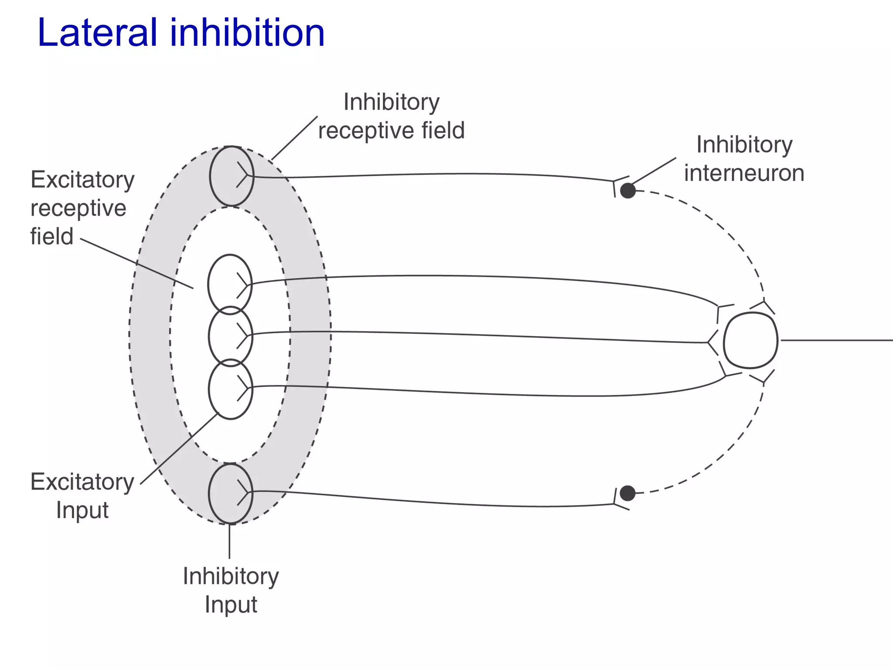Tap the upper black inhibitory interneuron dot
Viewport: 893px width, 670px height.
pos(628,191)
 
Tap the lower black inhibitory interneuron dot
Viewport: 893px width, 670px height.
pos(627,493)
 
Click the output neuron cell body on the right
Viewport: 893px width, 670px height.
pos(750,340)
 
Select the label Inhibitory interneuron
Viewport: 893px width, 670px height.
pos(744,159)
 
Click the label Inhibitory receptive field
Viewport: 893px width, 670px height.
pos(391,116)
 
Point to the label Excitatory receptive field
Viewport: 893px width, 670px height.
pos(82,208)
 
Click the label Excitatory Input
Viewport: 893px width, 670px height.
pos(82,496)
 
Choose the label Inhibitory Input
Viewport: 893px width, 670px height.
pos(231,590)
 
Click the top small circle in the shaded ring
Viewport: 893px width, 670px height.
pos(231,176)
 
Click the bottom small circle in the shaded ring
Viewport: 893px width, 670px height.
pos(231,493)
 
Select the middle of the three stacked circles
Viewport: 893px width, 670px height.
pos(230,335)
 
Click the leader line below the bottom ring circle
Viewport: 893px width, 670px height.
pos(229,541)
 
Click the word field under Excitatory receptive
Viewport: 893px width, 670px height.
pos(51,236)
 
